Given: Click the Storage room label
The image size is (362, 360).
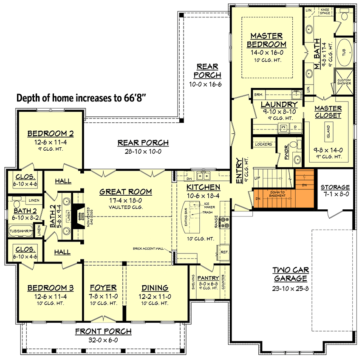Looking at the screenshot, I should pos(335,187).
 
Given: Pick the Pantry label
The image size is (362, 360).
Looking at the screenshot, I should pos(208,278).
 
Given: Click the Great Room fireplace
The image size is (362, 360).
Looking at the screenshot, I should pos(78,217).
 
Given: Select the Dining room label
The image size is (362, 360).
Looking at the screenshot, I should pos(154,288).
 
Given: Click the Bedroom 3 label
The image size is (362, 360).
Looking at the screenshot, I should pos(51,288).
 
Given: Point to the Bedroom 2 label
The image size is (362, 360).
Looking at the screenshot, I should pos(51,134).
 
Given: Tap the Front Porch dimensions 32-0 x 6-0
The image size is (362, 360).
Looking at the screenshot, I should pos(103,340).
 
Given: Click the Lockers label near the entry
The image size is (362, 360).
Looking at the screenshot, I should pos(263,144).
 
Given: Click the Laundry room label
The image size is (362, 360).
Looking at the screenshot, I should pos(279,104).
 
